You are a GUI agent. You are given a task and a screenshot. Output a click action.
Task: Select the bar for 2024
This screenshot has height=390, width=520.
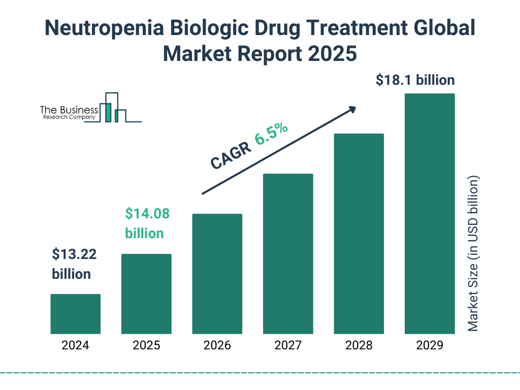point(75,314)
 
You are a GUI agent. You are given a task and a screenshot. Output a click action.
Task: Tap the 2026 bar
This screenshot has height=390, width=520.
point(217,274)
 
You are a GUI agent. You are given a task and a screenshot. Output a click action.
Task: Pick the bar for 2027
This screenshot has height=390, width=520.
point(288,254)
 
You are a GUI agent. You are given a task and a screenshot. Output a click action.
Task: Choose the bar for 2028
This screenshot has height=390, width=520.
point(359,234)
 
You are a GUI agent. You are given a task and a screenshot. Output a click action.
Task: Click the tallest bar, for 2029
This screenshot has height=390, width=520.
point(430,214)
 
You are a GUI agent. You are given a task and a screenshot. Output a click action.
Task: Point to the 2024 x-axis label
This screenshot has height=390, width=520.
point(75,346)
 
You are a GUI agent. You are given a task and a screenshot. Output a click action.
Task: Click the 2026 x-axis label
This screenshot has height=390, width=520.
point(217,346)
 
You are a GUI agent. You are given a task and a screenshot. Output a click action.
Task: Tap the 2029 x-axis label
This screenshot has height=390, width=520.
point(430,346)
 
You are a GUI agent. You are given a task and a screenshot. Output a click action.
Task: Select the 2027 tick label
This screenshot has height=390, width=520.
point(288,346)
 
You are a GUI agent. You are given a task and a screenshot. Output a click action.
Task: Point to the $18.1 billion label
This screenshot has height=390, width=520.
point(415,80)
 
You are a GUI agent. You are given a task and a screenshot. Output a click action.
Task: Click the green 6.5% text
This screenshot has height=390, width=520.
point(272,134)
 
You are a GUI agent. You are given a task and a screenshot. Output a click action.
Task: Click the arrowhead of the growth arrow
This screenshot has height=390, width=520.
point(352,109)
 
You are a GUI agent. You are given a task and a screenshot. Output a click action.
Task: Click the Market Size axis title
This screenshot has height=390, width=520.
point(473,254)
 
